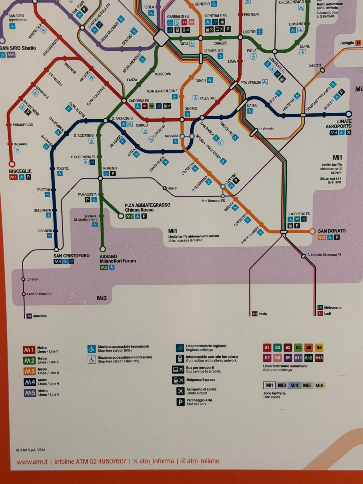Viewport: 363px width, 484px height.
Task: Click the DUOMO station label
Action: (191, 109)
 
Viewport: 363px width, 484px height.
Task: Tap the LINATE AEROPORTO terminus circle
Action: (349, 114)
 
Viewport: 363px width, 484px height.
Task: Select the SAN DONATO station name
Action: (332, 231)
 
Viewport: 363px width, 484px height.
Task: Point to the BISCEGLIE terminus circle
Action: (12, 164)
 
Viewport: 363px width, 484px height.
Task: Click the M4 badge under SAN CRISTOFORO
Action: (58, 261)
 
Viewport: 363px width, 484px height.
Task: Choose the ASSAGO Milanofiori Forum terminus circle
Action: (102, 249)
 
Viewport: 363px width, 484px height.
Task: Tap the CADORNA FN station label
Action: (139, 101)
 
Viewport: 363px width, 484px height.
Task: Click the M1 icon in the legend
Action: (29, 350)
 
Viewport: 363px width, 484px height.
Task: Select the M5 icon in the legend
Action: (30, 393)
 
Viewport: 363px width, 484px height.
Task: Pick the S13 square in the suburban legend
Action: (319, 358)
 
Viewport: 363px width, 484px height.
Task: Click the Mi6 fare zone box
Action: (319, 385)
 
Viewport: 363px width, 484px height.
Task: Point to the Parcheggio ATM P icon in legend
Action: (180, 402)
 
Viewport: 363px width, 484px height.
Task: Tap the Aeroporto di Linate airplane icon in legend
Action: (180, 391)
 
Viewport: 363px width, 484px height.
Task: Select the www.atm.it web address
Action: (32, 462)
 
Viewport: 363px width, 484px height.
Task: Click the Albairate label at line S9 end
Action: (40, 316)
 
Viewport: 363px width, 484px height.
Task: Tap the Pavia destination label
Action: (263, 314)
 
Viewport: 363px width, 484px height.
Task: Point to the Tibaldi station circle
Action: (165, 188)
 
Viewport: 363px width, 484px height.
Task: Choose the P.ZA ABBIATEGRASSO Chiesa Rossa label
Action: (147, 207)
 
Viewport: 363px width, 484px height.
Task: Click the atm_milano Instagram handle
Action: (203, 461)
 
